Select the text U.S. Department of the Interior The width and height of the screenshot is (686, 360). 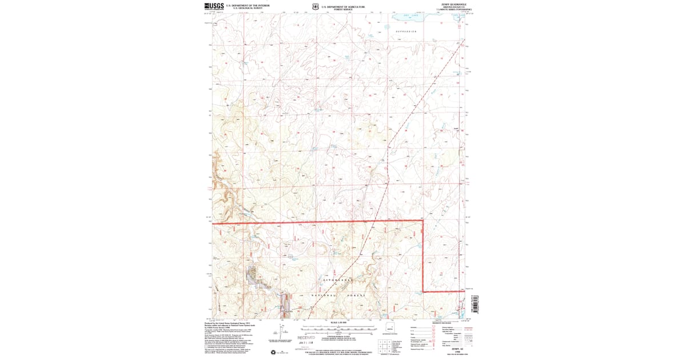(248, 5)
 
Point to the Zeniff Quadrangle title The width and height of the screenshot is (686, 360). (450, 5)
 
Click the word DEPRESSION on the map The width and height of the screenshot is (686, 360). (406, 31)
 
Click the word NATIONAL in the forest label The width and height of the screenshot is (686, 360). (324, 295)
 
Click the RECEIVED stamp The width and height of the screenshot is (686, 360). (306, 338)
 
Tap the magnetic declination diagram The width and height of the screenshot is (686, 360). (282, 330)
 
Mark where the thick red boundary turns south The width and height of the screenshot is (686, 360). (422, 221)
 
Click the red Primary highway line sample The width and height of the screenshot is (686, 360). (470, 328)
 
